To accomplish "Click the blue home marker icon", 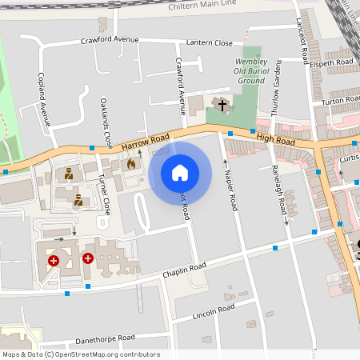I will tap(180, 173).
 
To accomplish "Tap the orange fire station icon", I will tap(131, 163).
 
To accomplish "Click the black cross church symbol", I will tap(222, 105).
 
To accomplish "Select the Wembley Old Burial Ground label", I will tap(250, 71).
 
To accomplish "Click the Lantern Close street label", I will tap(210, 42).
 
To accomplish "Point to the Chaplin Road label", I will tap(184, 270).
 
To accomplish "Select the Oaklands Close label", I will tap(106, 124).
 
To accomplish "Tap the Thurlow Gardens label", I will tap(277, 88).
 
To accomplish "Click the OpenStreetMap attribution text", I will tap(81, 354).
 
